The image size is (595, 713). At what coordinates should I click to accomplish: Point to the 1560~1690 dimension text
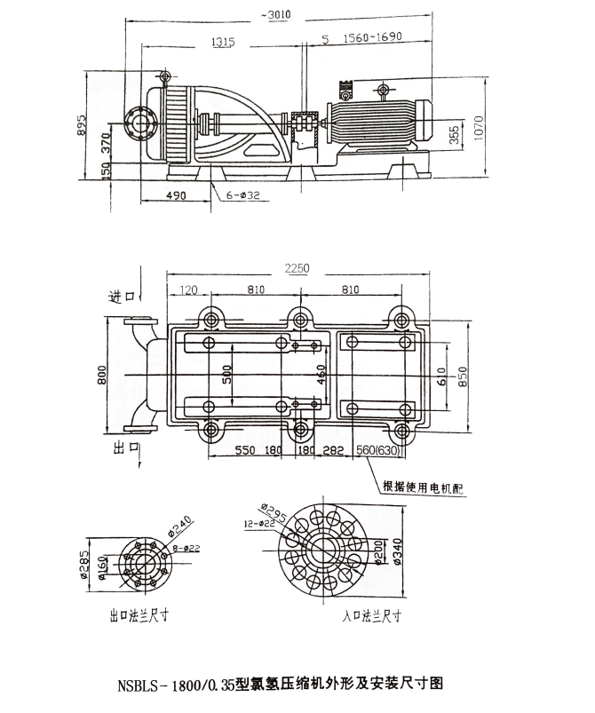[x=382, y=40]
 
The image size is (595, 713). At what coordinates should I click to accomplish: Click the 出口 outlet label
[x=122, y=450]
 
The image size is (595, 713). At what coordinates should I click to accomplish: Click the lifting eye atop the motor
[x=382, y=89]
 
